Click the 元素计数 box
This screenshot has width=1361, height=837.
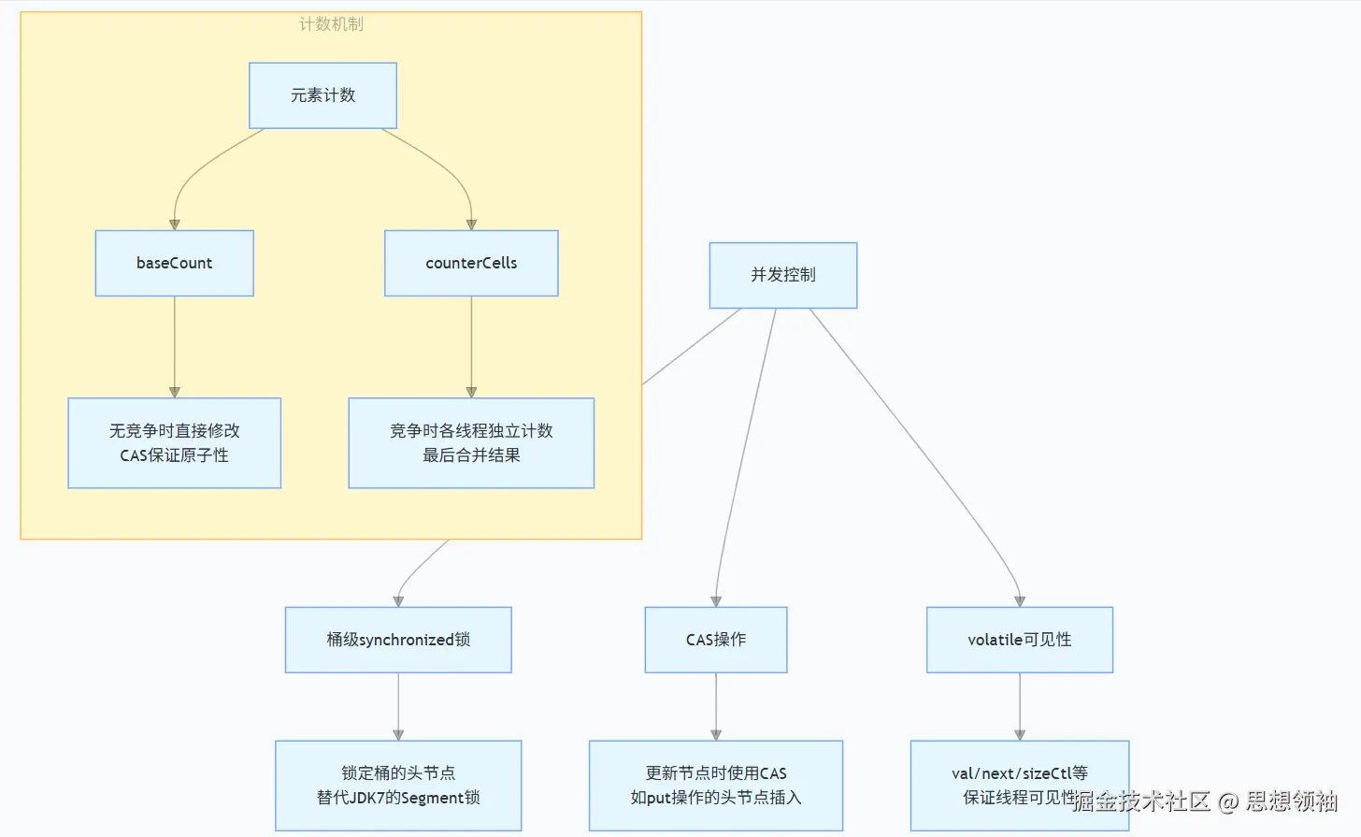pos(322,95)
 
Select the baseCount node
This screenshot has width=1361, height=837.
pos(174,263)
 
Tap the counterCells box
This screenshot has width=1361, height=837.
pos(471,263)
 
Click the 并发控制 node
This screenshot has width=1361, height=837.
pos(782,275)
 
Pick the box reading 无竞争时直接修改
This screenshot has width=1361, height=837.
pos(174,442)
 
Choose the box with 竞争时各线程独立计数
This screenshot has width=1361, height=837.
pos(471,442)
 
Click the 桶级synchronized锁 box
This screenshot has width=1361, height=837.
pos(398,640)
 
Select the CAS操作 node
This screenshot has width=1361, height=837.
pos(716,640)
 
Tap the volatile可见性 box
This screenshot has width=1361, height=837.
pos(1019,640)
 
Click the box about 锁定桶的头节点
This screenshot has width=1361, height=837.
pos(398,785)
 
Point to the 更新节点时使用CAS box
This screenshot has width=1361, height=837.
pos(716,785)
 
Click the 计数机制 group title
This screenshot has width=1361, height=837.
pos(331,24)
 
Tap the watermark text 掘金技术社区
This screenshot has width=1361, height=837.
pos(1140,801)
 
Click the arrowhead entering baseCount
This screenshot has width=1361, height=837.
pos(174,224)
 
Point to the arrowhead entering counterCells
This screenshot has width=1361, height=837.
pos(471,224)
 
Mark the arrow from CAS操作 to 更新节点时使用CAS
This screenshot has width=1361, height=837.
pos(716,706)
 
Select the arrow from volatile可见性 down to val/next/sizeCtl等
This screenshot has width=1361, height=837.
pos(1019,706)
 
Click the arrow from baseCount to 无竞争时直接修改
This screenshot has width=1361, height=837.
pos(174,346)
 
